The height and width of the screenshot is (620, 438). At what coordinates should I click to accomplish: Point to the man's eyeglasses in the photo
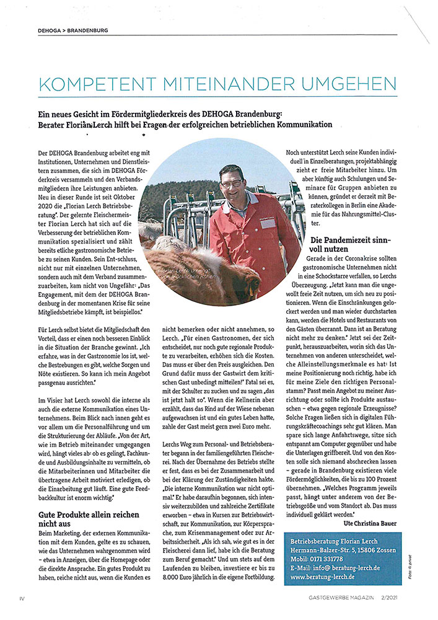coord(232,184)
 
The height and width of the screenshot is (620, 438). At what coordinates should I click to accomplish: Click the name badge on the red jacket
coord(268,222)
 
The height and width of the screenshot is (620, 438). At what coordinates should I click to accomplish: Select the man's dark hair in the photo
coord(230,170)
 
